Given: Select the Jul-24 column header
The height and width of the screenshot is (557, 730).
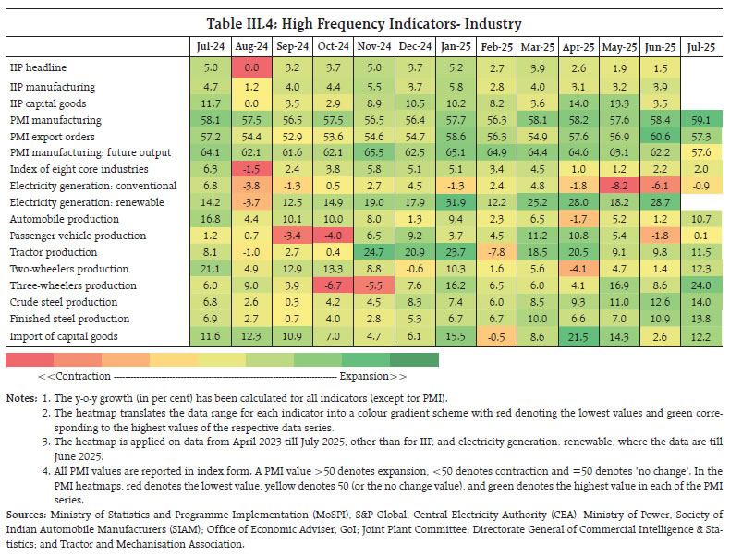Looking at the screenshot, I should (x=212, y=43).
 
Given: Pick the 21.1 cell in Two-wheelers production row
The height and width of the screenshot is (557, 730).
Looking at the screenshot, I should (x=212, y=268).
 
